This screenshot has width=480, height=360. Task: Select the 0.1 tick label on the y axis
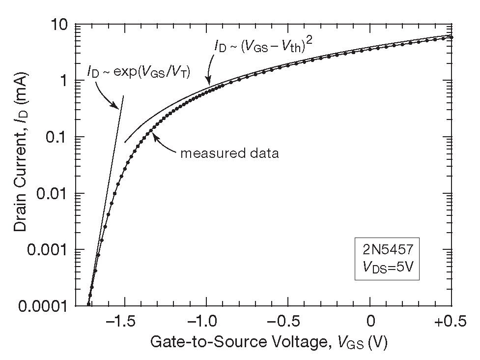click(x=56, y=137)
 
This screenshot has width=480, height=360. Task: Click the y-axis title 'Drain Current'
click(x=20, y=165)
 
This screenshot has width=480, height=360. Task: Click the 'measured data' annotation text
click(x=229, y=153)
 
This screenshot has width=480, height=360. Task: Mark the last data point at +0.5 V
click(x=452, y=37)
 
